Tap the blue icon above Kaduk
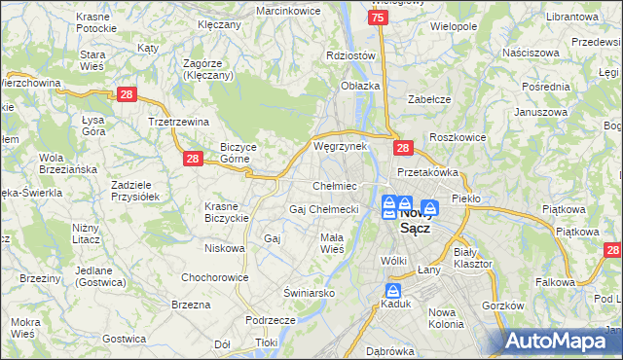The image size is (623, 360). tap(393, 291)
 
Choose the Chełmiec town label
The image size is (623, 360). tap(335, 186)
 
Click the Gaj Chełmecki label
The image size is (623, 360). tap(324, 209)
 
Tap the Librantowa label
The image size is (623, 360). tap(571, 18)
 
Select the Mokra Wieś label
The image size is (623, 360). tap(25, 327)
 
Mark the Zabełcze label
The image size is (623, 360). tap(427, 97)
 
